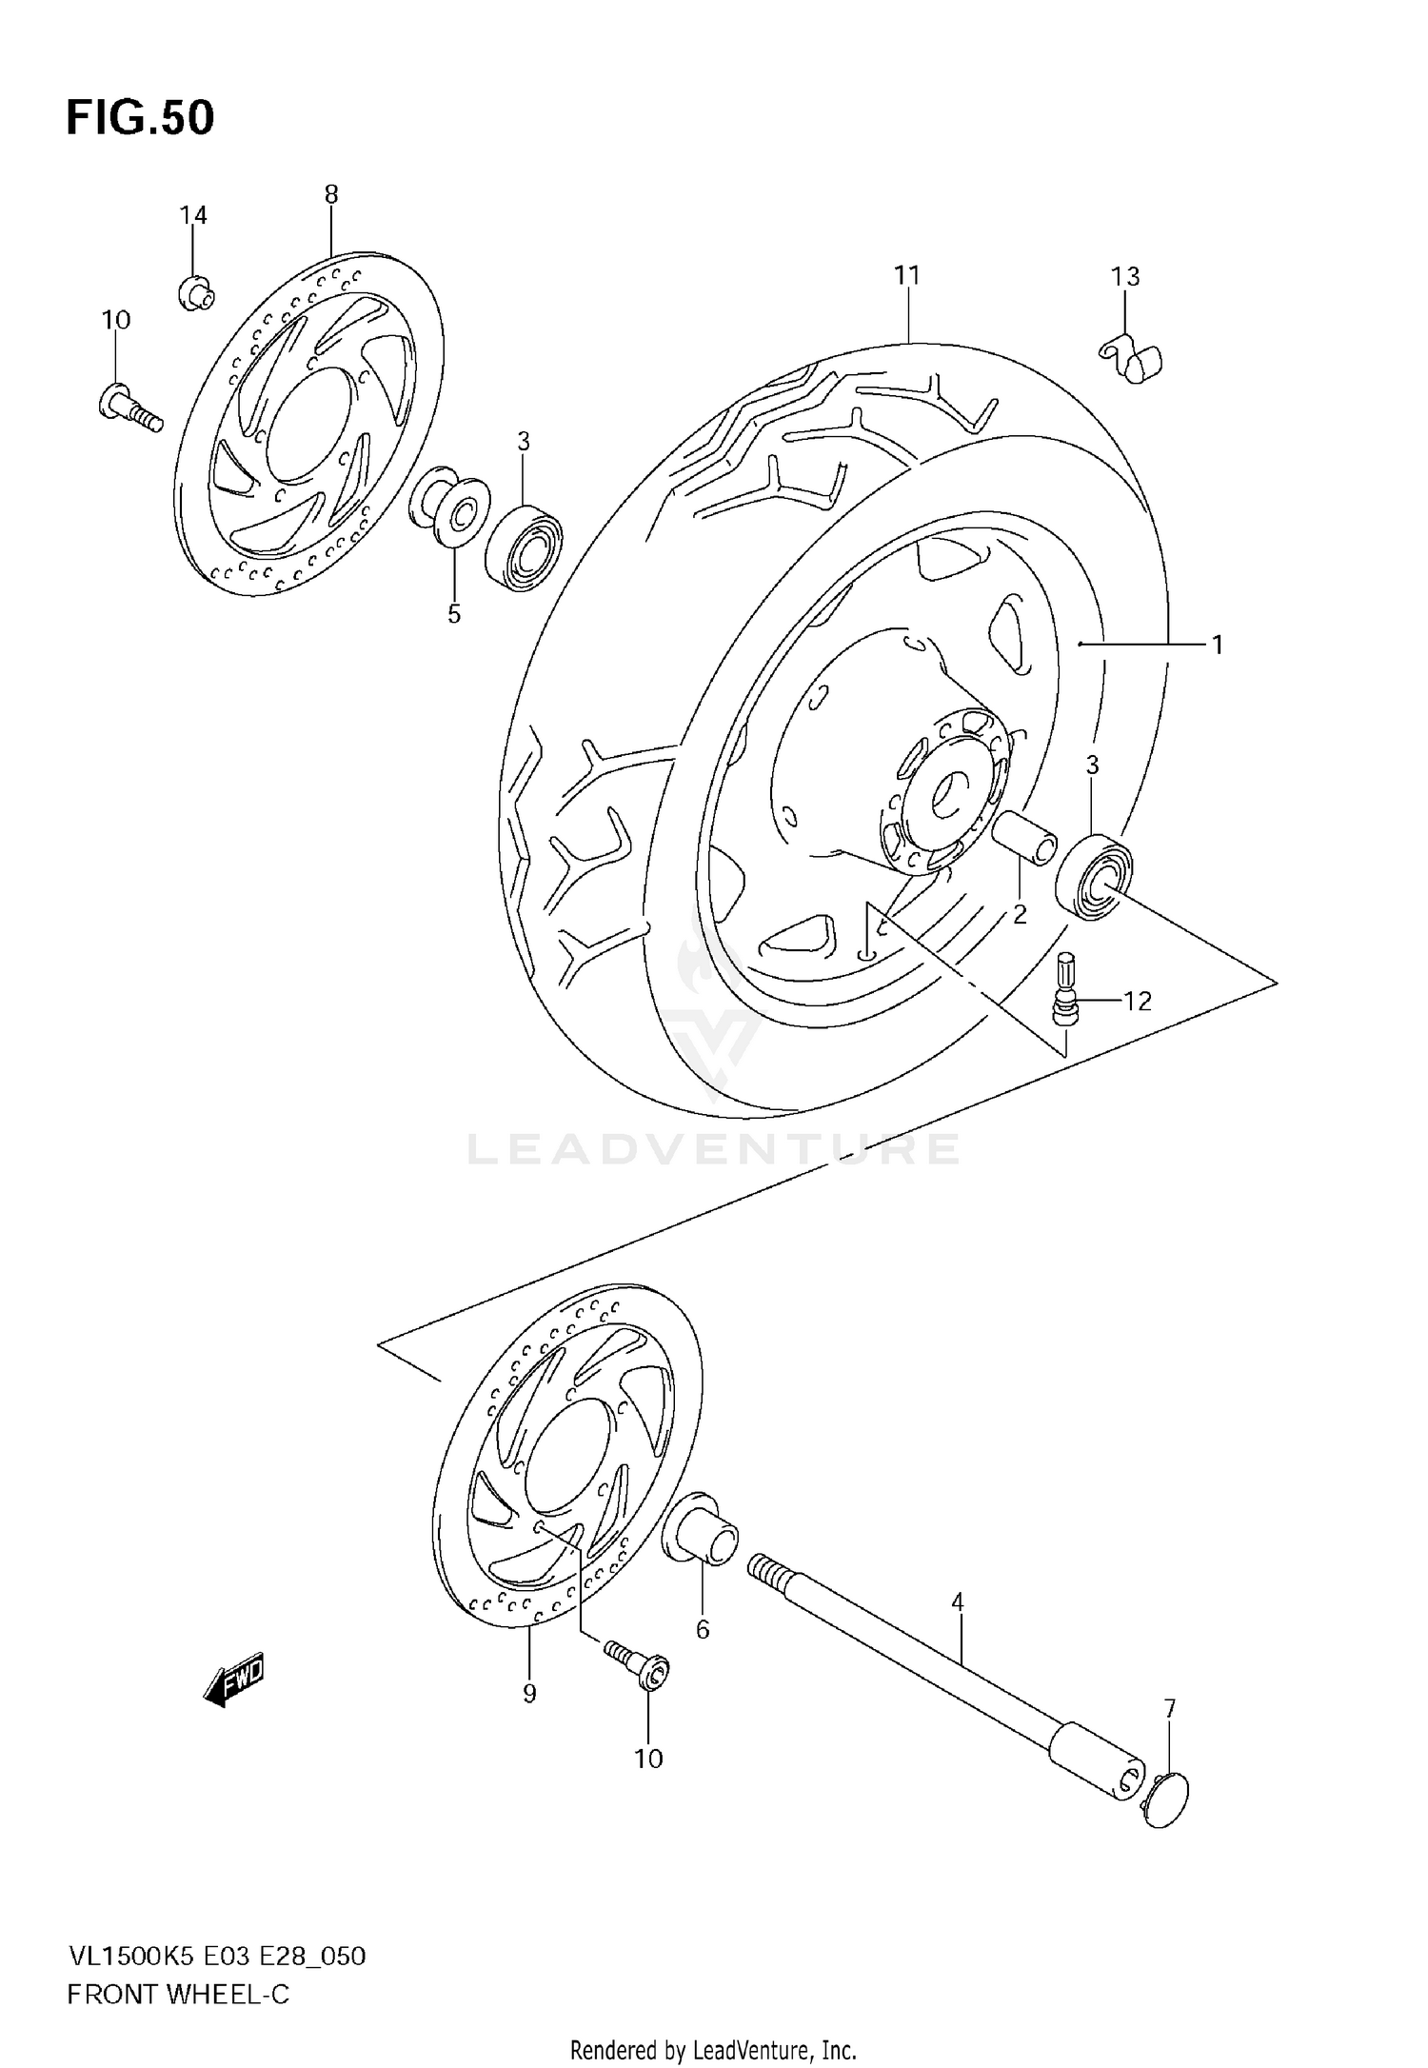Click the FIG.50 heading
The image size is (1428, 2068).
click(140, 119)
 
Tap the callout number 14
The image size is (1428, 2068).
click(193, 215)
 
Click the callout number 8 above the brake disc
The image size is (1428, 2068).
click(330, 195)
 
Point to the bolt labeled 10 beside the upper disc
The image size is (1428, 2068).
click(129, 407)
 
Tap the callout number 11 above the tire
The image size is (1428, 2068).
click(907, 276)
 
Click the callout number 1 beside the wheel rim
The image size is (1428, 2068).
click(1217, 646)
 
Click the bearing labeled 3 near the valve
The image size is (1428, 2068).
click(1094, 876)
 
